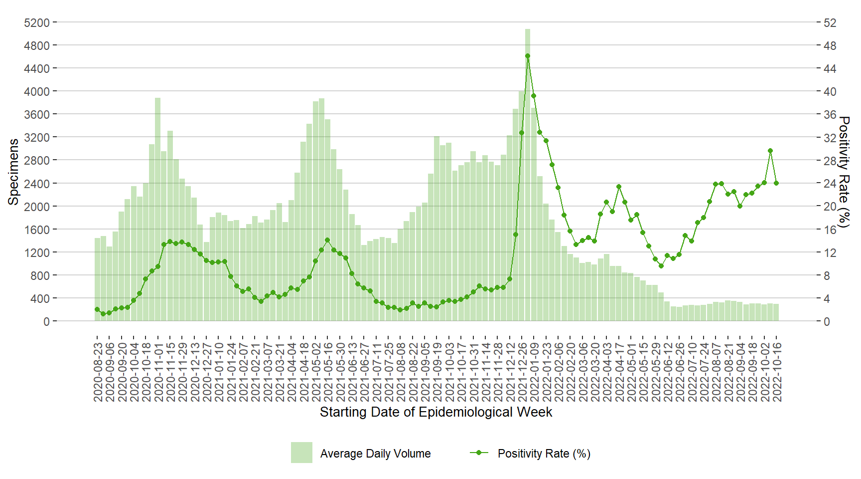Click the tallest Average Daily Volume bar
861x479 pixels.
[x=527, y=175]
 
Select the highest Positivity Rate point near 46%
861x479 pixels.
[x=527, y=56]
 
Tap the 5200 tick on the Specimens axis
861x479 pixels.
[x=37, y=23]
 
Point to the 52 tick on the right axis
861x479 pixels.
[x=830, y=23]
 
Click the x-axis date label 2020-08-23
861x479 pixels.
[x=98, y=372]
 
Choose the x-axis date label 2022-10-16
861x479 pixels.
[x=777, y=372]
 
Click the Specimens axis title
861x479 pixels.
[x=13, y=172]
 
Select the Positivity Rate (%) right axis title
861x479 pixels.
[x=844, y=172]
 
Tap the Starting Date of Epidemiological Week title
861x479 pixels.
[x=435, y=412]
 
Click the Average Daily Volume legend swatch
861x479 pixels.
[x=301, y=453]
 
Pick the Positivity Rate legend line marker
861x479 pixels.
[x=479, y=453]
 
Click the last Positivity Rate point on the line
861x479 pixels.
[x=776, y=183]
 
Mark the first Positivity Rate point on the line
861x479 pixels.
[x=97, y=309]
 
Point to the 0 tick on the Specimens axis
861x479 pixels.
[x=46, y=322]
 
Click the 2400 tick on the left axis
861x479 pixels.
[x=37, y=184]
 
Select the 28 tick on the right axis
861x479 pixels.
[x=830, y=161]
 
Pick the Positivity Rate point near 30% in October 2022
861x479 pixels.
[x=770, y=151]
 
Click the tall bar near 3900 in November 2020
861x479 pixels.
[x=157, y=210]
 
